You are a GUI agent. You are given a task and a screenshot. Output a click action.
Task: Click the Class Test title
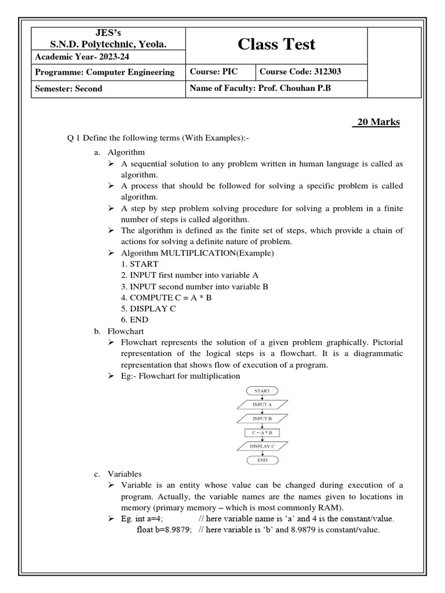pos(277,44)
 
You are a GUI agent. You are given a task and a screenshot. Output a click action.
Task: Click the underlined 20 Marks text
pos(377,122)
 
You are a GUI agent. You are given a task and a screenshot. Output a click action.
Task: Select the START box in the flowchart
pos(262,391)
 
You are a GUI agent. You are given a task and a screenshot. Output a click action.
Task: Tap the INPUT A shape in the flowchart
pos(262,404)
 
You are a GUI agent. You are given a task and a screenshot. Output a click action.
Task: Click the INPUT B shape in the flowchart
pos(262,418)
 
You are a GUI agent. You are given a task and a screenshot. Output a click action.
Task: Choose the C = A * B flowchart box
pos(262,433)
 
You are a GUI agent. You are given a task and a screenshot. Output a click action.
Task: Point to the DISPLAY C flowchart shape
pos(262,446)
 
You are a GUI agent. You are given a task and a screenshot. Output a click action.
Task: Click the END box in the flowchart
pos(262,460)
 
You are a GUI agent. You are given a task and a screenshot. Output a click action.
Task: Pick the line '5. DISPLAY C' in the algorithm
pos(148,309)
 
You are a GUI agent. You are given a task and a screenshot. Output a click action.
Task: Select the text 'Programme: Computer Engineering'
pos(105,72)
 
